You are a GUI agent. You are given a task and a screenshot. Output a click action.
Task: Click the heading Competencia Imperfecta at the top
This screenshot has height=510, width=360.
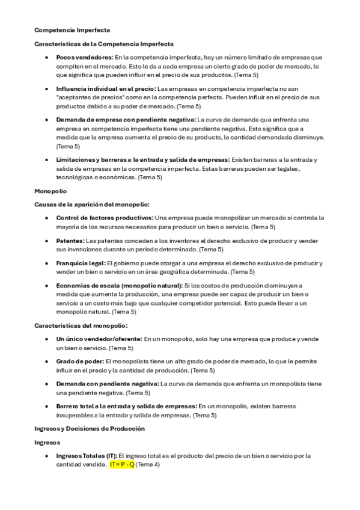tap(72, 29)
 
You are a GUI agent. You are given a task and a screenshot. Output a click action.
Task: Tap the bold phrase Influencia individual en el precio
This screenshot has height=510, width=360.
tap(105, 88)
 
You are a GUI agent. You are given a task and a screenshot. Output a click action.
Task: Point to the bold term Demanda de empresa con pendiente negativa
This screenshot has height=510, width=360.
tap(126, 120)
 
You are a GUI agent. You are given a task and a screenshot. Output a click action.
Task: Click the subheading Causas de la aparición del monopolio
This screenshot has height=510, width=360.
tap(92, 204)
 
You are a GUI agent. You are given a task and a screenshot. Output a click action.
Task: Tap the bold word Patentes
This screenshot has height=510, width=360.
tap(70, 241)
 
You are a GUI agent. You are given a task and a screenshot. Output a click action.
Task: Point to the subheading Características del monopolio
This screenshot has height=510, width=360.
tap(81, 325)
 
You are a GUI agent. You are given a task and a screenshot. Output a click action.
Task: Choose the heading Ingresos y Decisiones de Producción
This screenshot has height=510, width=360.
tap(89, 428)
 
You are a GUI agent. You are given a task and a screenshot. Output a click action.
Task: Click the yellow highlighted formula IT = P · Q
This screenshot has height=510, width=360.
tap(122, 465)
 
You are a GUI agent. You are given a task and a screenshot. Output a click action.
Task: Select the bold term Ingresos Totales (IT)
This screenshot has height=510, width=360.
tap(87, 456)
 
